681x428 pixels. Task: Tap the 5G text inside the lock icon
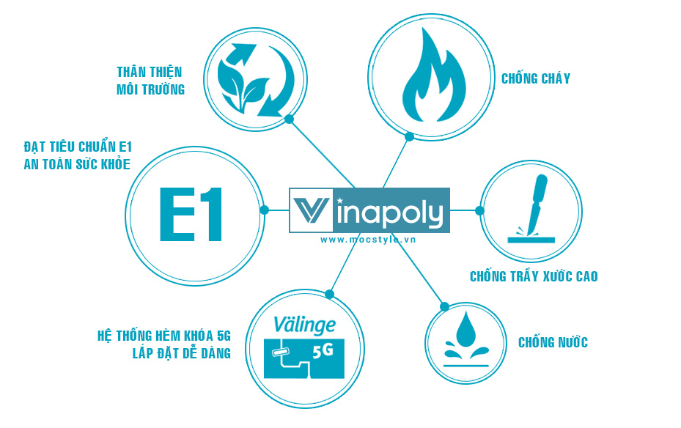click(323, 351)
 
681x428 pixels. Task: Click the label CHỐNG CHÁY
click(536, 78)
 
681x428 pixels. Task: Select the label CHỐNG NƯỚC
click(553, 342)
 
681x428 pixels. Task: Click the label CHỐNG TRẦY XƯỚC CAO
click(534, 276)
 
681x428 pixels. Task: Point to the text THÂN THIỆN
click(150, 72)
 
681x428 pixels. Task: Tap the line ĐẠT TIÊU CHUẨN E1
click(77, 146)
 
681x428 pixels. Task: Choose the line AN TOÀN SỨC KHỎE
click(77, 164)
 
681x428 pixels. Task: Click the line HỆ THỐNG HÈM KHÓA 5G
click(164, 336)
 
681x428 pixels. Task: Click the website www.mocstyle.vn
click(369, 239)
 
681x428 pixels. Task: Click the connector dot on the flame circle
click(410, 136)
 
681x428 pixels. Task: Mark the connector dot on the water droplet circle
click(442, 305)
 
